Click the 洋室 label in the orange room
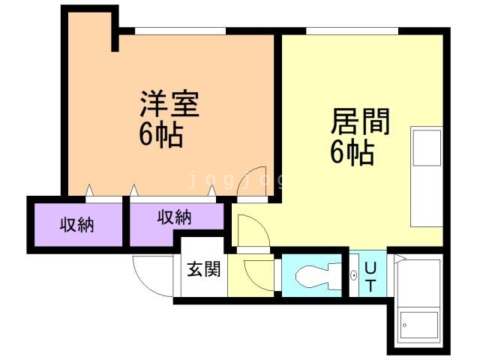(x=170, y=103)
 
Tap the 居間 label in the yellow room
(x=360, y=121)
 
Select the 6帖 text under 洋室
(x=161, y=136)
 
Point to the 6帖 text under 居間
(x=352, y=152)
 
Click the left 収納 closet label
(x=76, y=225)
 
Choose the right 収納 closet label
(x=175, y=217)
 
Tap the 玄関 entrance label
(x=204, y=269)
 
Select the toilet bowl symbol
(x=318, y=276)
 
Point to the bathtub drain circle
(x=405, y=325)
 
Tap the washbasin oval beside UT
(x=353, y=276)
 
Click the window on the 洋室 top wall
(x=180, y=31)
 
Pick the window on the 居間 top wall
(x=352, y=31)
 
